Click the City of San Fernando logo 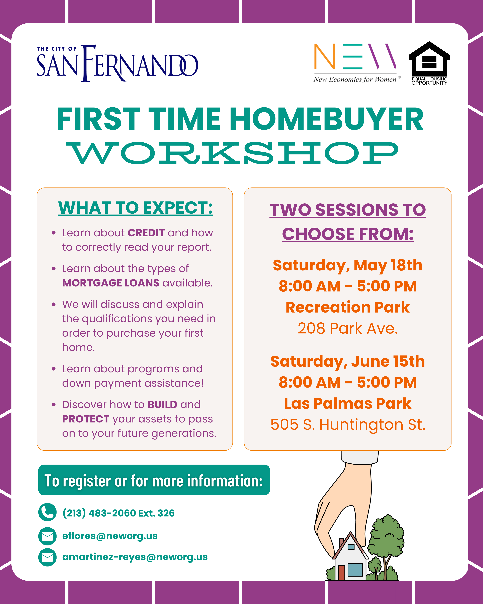pyautogui.click(x=118, y=63)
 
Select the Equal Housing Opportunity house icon pyautogui.click(x=429, y=63)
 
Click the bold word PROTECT pyautogui.click(x=86, y=419)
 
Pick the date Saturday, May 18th pyautogui.click(x=347, y=265)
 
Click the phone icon pyautogui.click(x=47, y=512)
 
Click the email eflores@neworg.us pyautogui.click(x=110, y=536)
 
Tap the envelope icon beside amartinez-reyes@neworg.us pyautogui.click(x=47, y=557)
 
